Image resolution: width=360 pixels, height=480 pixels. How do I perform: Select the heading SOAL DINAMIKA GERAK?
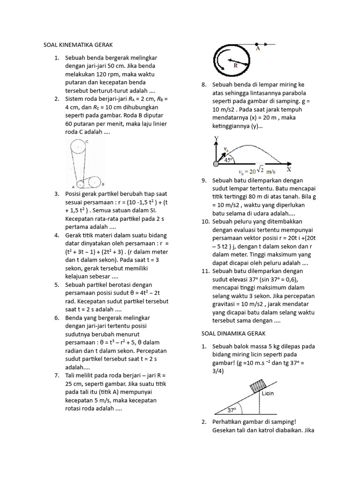(230, 333)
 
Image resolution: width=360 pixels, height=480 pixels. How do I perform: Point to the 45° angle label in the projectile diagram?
(228, 159)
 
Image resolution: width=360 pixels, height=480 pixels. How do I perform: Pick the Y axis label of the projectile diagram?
(216, 139)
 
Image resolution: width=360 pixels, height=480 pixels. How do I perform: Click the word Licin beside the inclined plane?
(268, 393)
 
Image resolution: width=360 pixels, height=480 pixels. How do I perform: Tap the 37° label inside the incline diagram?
(231, 410)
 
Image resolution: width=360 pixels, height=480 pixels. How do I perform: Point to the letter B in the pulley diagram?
(102, 184)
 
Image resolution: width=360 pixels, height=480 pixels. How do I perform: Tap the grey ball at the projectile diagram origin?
(216, 164)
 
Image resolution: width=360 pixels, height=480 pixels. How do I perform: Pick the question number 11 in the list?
(204, 271)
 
